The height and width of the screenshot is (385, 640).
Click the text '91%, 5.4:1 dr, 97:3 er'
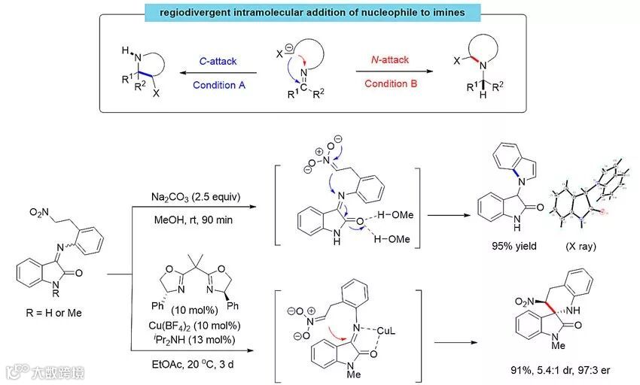point(553,369)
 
